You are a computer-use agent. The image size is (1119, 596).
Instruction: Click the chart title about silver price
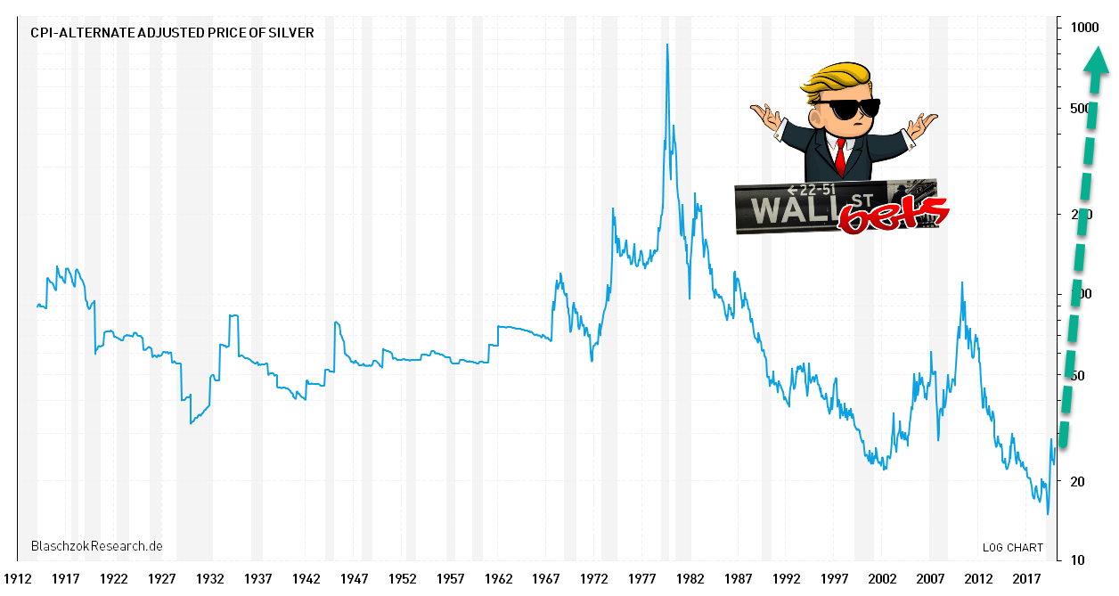(172, 33)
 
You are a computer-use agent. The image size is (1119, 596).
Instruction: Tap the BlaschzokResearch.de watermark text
(96, 545)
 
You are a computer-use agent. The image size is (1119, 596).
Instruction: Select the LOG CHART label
(1012, 547)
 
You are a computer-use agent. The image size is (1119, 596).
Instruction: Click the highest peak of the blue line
(667, 45)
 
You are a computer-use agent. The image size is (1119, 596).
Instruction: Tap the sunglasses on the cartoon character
(847, 109)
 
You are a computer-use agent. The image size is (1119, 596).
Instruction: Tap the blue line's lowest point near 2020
(1048, 514)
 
